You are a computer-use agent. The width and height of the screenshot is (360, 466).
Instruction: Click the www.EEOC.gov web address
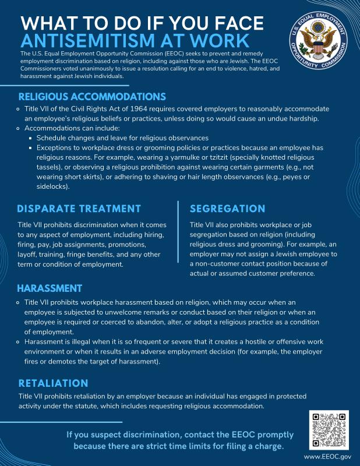[328, 457]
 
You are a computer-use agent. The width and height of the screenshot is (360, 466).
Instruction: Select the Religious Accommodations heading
[92, 97]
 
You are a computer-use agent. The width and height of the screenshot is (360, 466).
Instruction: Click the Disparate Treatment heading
[79, 209]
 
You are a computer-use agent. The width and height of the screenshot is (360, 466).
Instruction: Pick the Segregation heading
[227, 209]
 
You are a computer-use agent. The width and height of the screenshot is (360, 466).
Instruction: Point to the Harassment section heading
[50, 288]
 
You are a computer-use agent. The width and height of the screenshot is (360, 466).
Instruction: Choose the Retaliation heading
[53, 383]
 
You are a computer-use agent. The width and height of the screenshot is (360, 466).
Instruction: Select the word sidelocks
[52, 187]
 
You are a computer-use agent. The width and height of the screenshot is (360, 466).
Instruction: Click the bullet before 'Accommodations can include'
[19, 128]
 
